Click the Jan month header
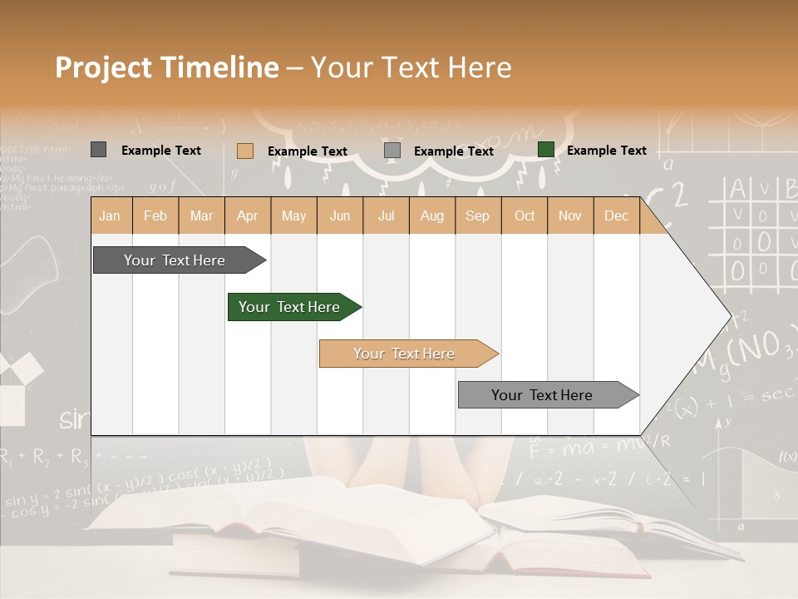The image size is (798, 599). click(111, 215)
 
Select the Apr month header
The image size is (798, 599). click(248, 215)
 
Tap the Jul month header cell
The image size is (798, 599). click(386, 215)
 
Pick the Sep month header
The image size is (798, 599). click(477, 215)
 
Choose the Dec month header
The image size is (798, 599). click(616, 215)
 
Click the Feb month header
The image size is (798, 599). click(155, 215)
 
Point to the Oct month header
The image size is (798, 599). click(525, 215)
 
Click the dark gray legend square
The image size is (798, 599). click(98, 150)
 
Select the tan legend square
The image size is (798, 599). click(244, 151)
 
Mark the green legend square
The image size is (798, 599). click(546, 150)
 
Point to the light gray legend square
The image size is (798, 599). click(392, 151)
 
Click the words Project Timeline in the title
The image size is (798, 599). click(167, 67)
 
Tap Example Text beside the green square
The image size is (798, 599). click(606, 151)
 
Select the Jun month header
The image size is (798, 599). click(340, 215)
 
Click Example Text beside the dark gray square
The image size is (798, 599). click(160, 151)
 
